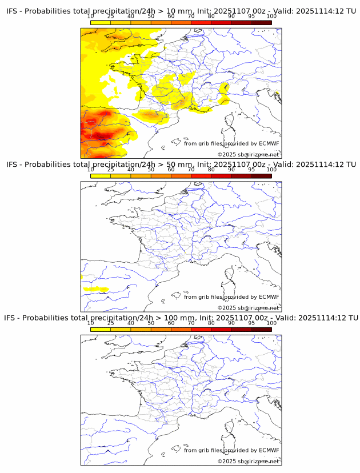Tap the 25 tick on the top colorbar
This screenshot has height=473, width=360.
tap(111, 16)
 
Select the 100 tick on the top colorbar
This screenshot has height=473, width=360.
tap(271, 16)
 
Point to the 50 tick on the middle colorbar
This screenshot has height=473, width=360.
tap(151, 169)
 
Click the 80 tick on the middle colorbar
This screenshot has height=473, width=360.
tap(211, 169)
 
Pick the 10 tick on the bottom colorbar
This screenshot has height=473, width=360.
tap(91, 322)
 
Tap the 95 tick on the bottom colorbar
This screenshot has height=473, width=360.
tap(251, 322)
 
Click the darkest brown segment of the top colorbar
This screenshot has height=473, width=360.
tap(261, 22)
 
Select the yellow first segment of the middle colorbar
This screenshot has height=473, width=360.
tap(101, 175)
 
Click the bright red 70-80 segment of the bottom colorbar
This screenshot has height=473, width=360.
tap(201, 328)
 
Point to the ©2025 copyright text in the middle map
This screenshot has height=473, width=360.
tap(248, 308)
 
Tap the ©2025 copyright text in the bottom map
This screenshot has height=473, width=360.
tap(248, 461)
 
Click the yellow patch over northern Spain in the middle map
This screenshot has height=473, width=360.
tap(95, 289)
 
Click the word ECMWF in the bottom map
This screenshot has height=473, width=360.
tap(269, 450)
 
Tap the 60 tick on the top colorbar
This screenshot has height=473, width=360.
tap(171, 16)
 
